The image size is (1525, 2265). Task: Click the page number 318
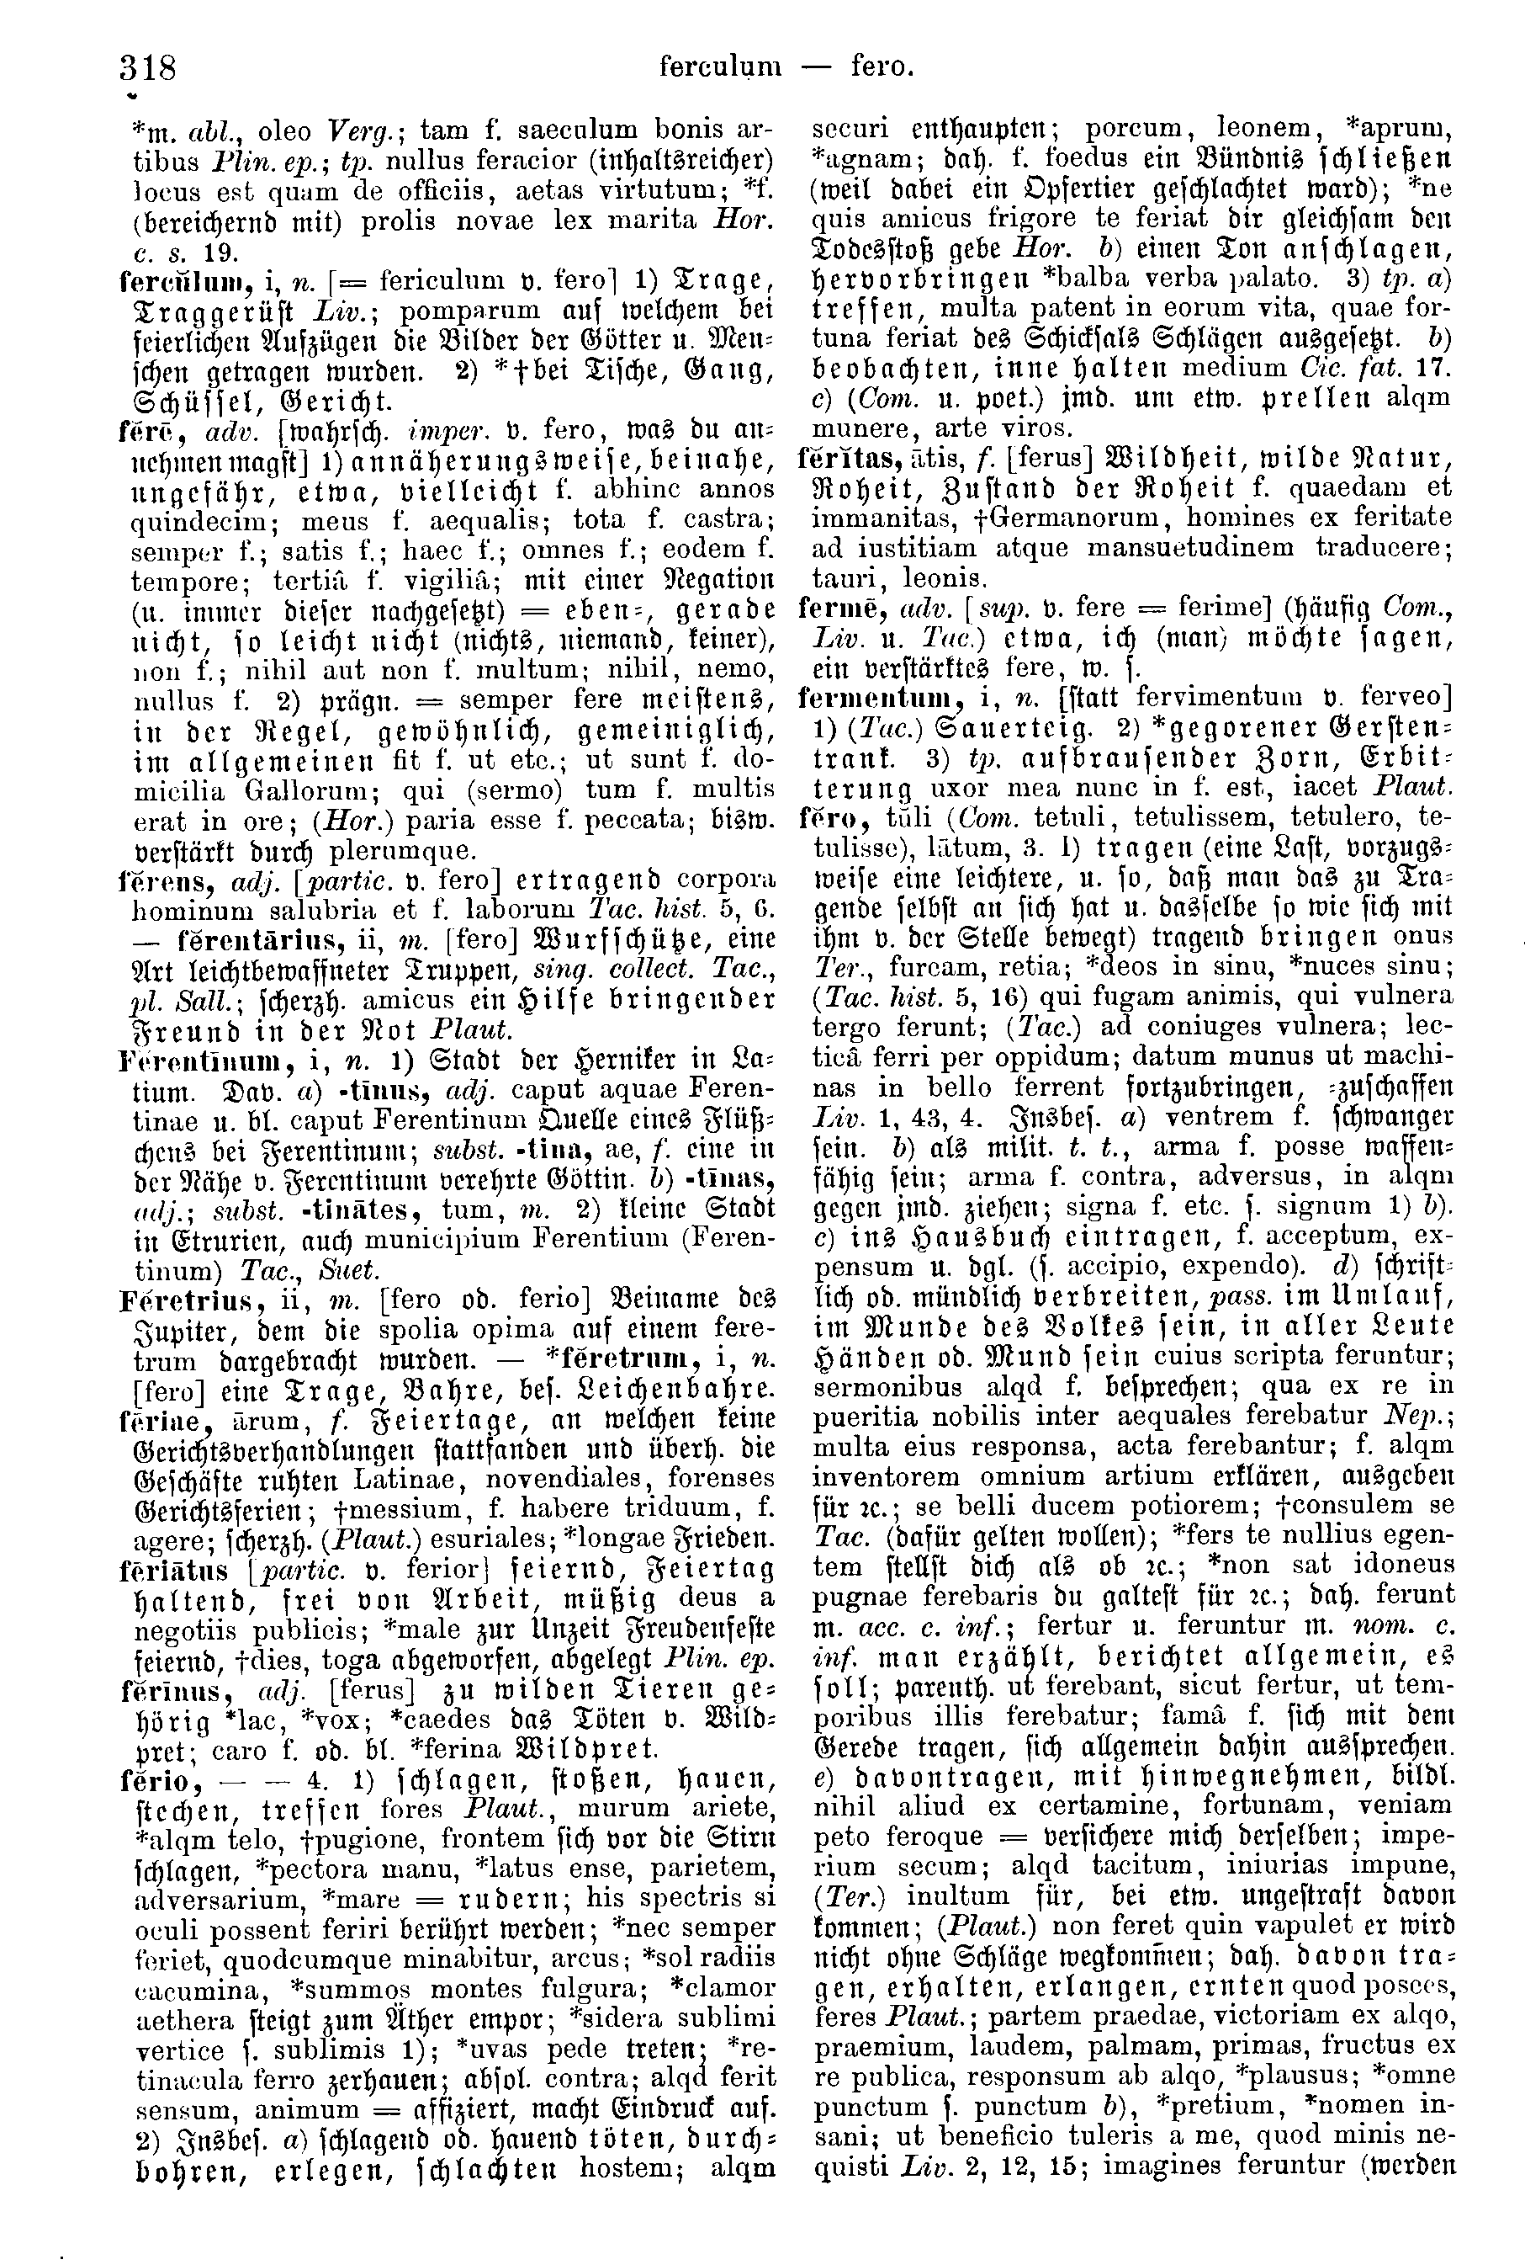(x=148, y=68)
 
